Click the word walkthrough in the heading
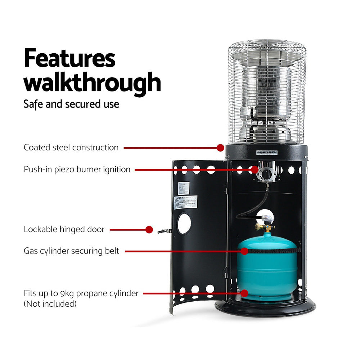[x=92, y=82]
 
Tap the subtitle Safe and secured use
[x=71, y=104]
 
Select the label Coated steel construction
[x=71, y=147]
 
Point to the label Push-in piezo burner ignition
[x=77, y=169]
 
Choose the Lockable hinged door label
[x=64, y=229]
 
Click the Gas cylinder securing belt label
[x=71, y=251]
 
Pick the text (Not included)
[x=50, y=304]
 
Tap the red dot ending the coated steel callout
[x=220, y=147]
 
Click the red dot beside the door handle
[x=149, y=229]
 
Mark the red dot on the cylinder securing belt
[x=245, y=251]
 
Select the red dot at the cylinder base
[x=245, y=293]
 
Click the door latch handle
[x=165, y=231]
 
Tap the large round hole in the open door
[x=184, y=224]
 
